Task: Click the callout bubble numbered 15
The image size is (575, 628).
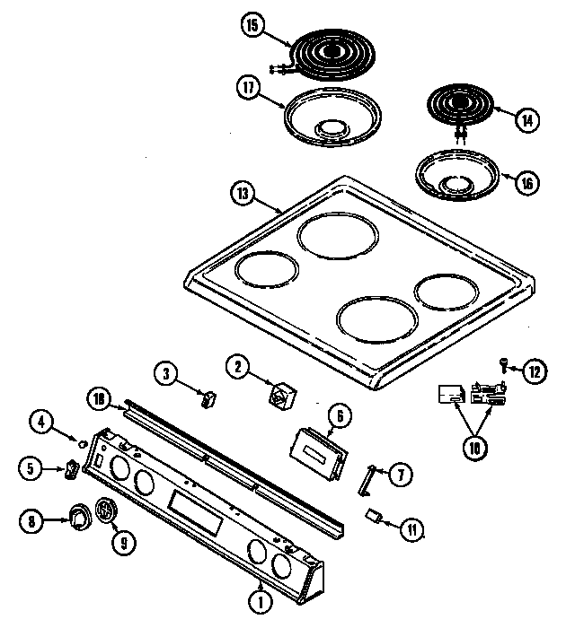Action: [252, 28]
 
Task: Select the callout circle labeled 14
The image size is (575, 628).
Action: [527, 117]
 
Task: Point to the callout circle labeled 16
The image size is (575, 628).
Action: [527, 182]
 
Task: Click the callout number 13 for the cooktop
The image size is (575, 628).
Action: [243, 192]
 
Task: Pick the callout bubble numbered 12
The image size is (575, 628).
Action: [535, 369]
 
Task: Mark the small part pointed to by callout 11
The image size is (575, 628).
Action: [375, 516]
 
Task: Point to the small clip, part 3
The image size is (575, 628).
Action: [210, 397]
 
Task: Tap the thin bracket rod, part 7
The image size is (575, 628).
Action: [367, 479]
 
